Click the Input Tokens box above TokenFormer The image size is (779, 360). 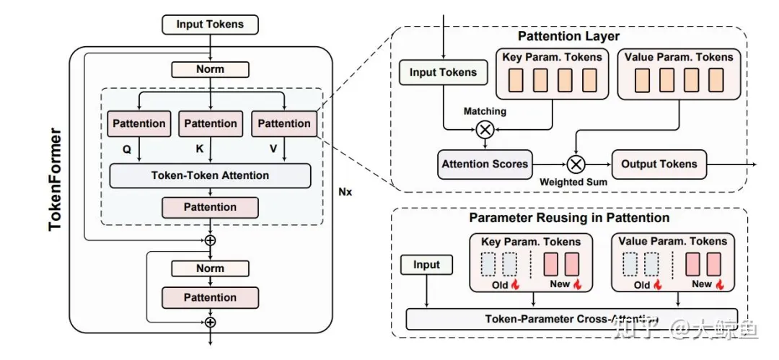(209, 25)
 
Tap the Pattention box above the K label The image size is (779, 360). (210, 123)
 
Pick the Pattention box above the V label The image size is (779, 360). (283, 123)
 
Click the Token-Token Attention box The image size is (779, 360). (210, 175)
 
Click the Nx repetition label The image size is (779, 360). (345, 193)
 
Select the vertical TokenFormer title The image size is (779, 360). (56, 180)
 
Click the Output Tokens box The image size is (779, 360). (659, 164)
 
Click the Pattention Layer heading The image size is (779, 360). (568, 36)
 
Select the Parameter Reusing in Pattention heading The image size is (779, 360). (569, 217)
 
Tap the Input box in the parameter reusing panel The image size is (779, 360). (426, 265)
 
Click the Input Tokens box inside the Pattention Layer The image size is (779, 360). (443, 72)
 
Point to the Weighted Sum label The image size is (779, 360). (573, 182)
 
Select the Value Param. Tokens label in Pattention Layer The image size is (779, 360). (678, 57)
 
